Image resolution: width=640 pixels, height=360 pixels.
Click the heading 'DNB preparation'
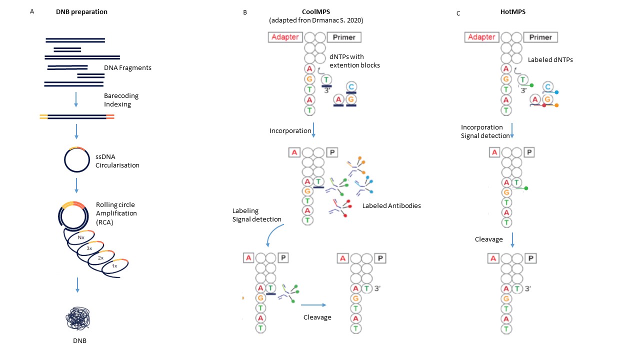(x=81, y=12)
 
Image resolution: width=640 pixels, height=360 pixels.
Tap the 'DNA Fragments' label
(x=127, y=68)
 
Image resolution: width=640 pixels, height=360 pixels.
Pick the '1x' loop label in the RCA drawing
(x=114, y=266)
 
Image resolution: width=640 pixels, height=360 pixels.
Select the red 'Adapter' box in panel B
(x=285, y=37)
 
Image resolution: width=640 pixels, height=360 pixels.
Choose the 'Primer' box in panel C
(x=540, y=37)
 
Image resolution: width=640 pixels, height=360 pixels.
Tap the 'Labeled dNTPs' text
(x=550, y=59)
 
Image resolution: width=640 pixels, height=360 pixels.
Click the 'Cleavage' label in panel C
(x=488, y=239)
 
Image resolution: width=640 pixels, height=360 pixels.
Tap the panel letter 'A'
(x=32, y=11)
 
